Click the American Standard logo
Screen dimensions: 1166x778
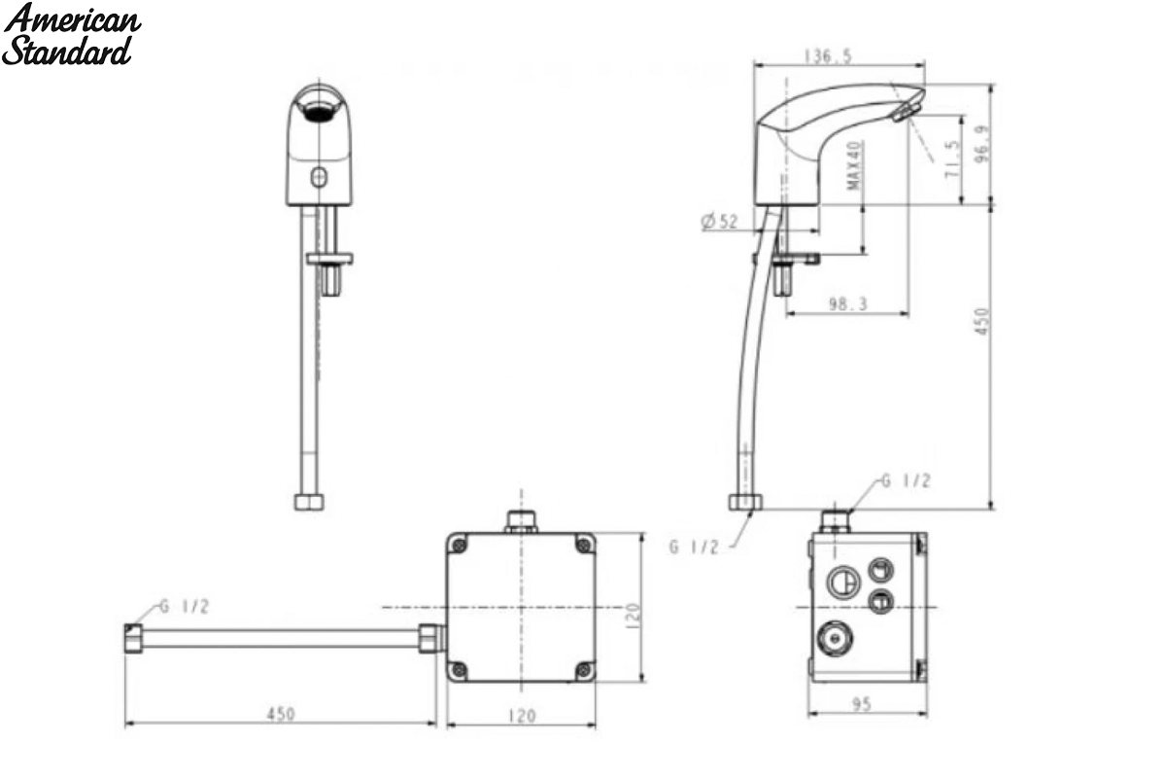71,34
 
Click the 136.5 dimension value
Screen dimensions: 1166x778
828,56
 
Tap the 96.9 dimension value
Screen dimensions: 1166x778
982,144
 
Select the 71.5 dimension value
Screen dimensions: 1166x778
952,159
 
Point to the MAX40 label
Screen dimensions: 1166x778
854,165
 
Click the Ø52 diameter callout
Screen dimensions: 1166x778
719,222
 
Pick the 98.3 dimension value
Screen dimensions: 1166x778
848,303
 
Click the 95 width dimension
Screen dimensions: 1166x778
862,704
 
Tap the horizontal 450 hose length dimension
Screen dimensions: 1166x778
281,714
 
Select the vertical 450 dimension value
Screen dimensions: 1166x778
981,322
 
